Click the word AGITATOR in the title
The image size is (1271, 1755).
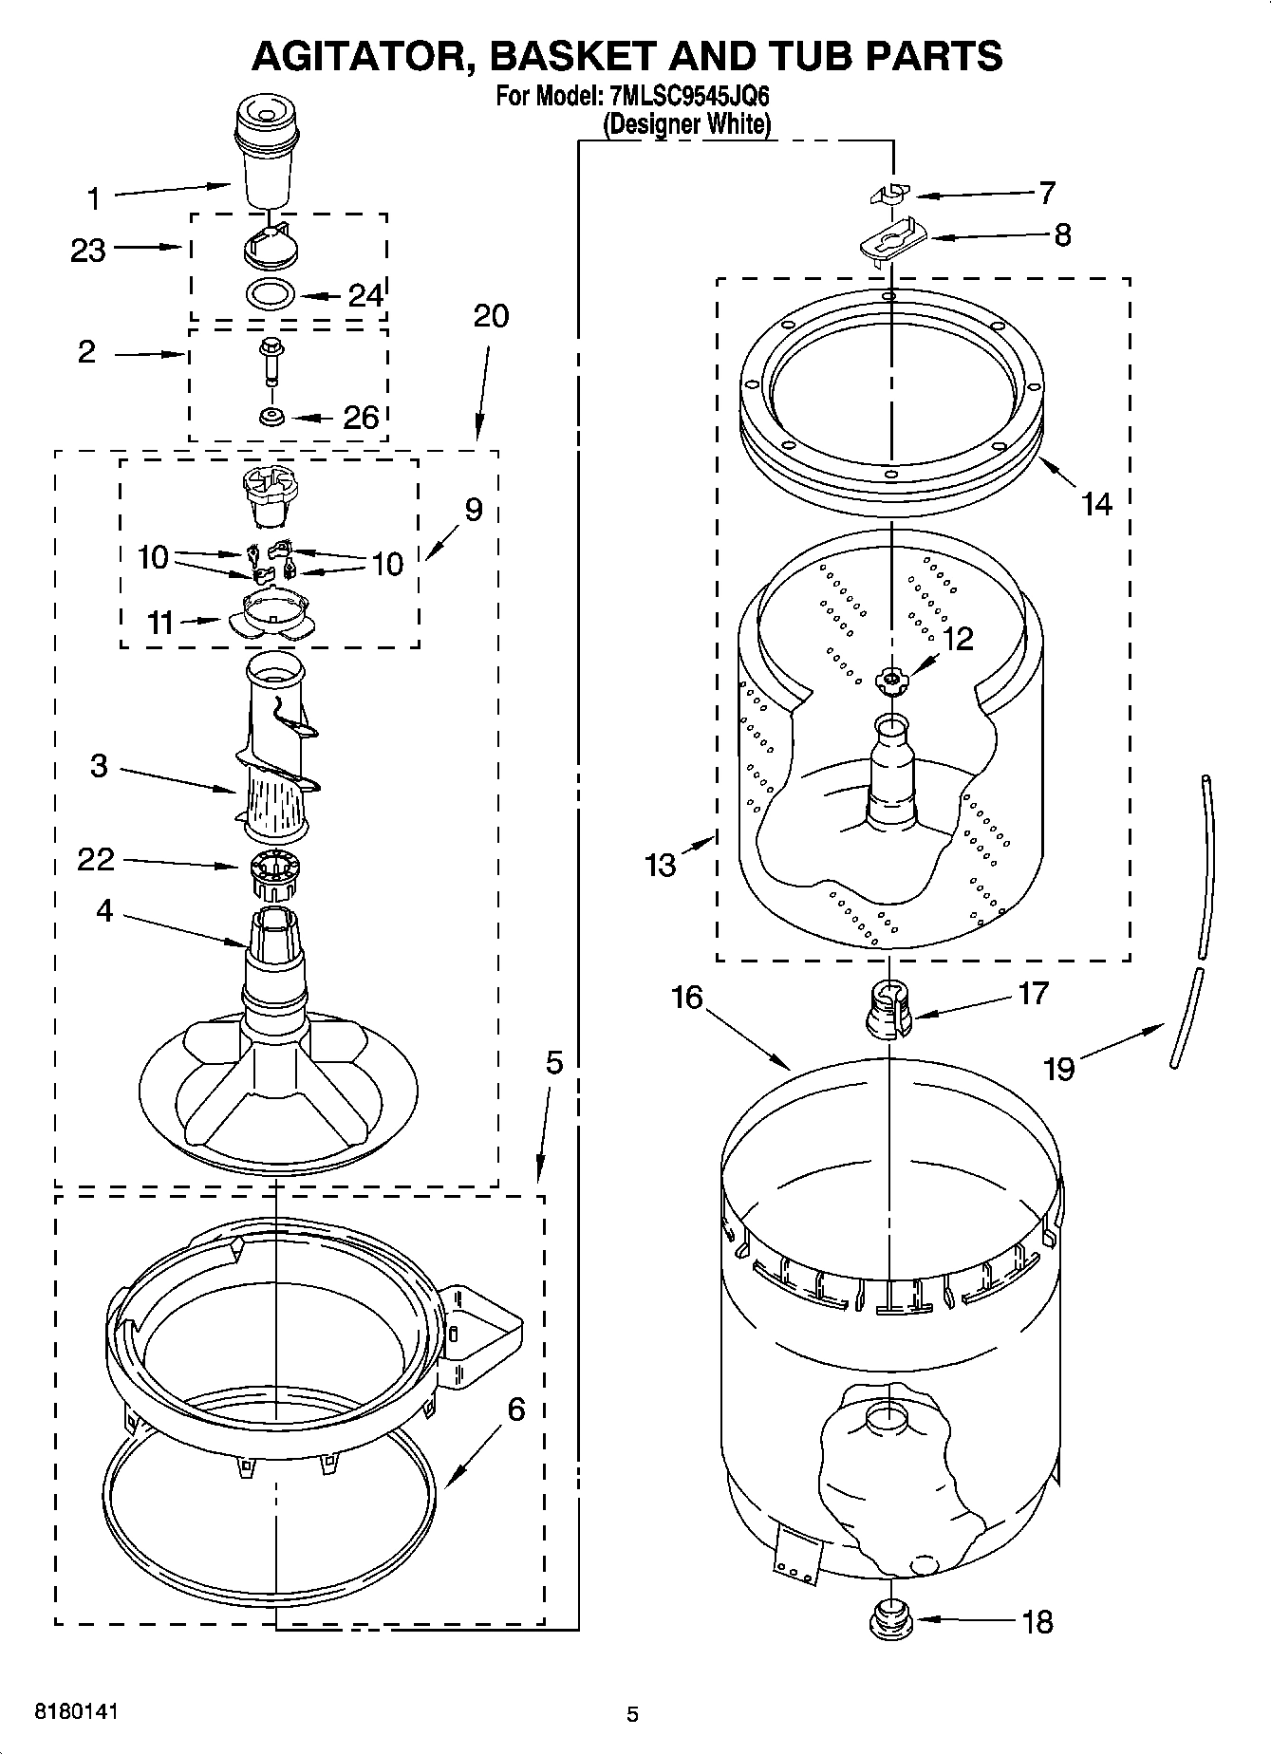pyautogui.click(x=360, y=56)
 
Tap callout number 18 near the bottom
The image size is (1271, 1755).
pyautogui.click(x=1038, y=1622)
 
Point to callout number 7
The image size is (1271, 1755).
pyautogui.click(x=1047, y=193)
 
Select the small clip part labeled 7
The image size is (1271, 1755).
pyautogui.click(x=889, y=195)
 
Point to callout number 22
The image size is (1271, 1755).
pyautogui.click(x=96, y=859)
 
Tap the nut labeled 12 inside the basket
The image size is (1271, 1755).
pyautogui.click(x=890, y=678)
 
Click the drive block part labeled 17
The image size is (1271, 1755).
pyautogui.click(x=888, y=1011)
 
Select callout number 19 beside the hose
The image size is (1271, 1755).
pyautogui.click(x=1058, y=1069)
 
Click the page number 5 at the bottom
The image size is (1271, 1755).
pyautogui.click(x=633, y=1714)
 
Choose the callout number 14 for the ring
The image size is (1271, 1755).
pyautogui.click(x=1096, y=503)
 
